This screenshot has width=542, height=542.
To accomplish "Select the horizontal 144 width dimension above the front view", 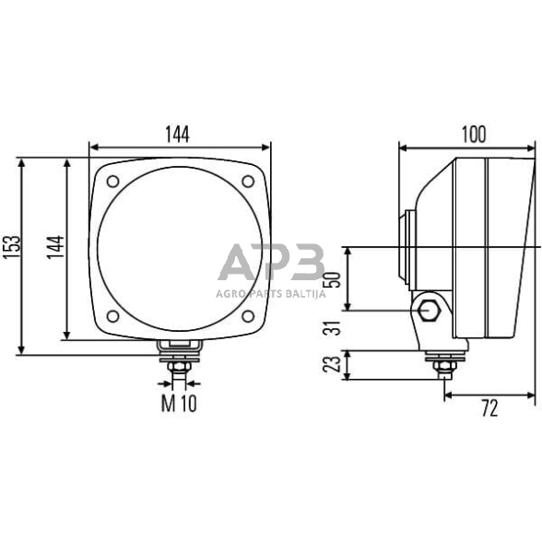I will point(178,134).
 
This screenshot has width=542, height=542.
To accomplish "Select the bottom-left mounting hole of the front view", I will point(112,316).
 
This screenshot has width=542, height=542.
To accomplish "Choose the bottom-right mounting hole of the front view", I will point(248,316).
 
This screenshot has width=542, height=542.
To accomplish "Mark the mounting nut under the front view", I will point(180,367).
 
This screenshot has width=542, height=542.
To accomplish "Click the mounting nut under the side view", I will point(443,367).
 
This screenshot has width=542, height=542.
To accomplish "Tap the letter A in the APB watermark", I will point(238,264).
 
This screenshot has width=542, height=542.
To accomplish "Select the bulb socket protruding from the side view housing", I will point(406,247).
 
